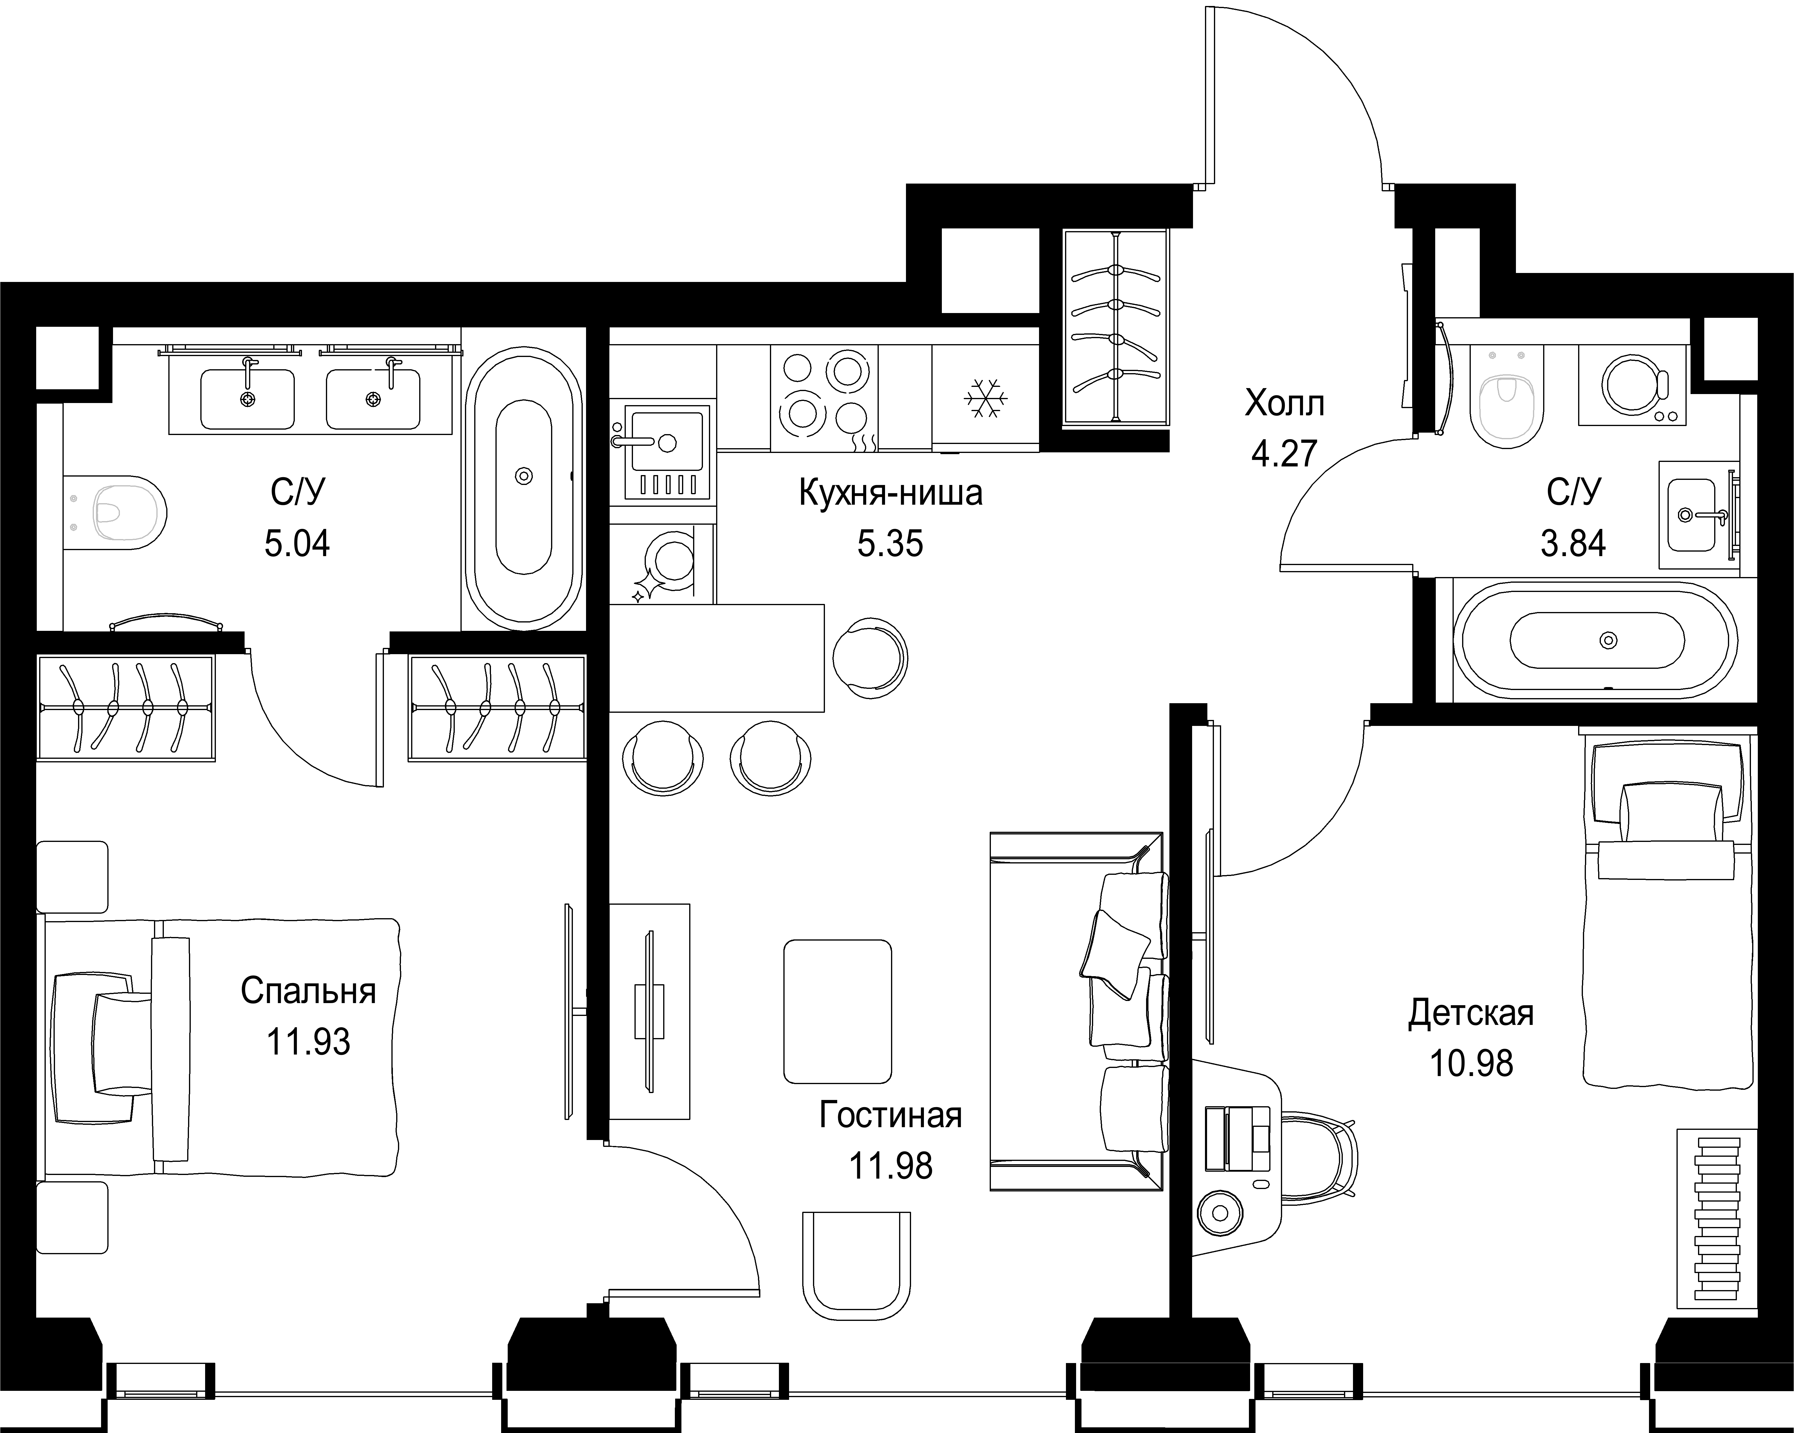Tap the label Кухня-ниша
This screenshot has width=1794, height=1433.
(890, 493)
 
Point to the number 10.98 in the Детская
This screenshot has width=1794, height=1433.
(1471, 1063)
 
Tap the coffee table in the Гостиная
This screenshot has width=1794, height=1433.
(837, 1011)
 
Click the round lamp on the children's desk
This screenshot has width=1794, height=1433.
(1220, 1212)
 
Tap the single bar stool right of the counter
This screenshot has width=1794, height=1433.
(869, 657)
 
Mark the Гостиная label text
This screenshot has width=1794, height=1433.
(890, 1115)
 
